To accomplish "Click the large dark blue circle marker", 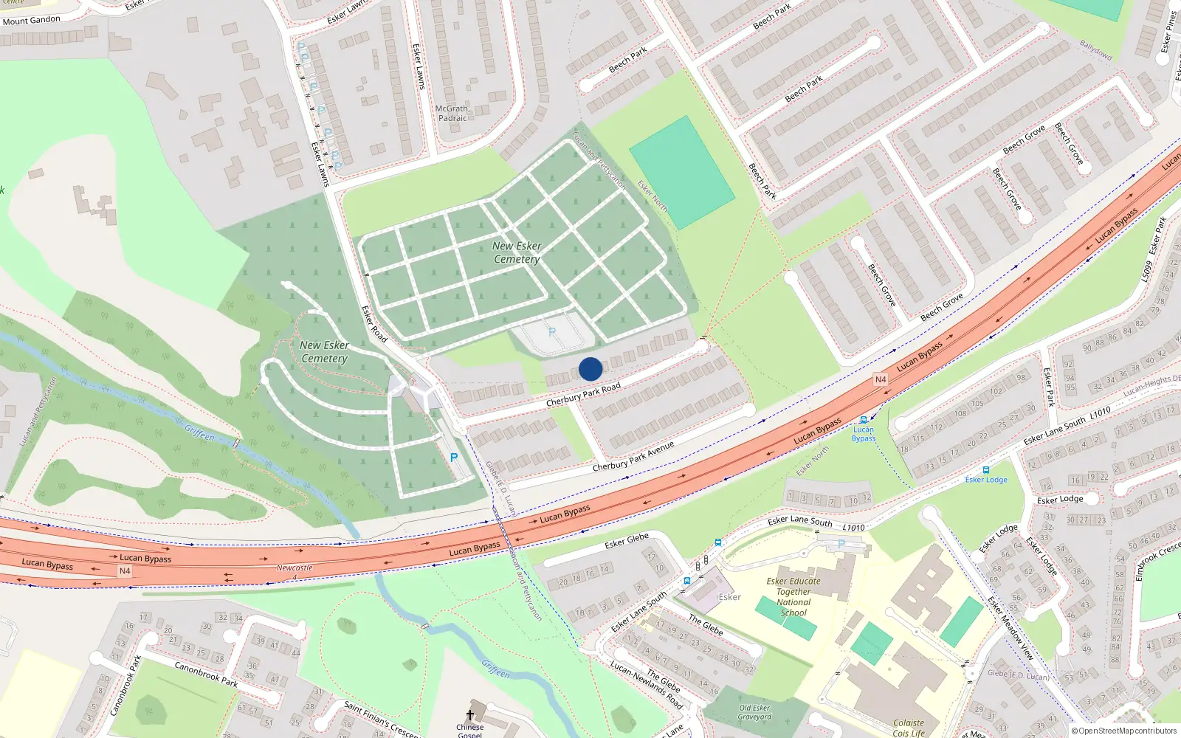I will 590,369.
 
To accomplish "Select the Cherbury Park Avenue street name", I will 633,457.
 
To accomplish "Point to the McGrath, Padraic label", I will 452,113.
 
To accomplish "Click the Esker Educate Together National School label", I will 793,596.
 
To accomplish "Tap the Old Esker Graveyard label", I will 754,712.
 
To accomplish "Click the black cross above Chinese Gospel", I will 469,714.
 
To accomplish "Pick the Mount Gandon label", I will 31,20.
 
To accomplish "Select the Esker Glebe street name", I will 627,541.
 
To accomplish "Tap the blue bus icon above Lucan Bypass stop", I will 864,420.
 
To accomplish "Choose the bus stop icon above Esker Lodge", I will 986,469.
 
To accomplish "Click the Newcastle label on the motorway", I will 295,568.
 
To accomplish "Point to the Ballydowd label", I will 1095,50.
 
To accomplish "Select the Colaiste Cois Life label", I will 909,728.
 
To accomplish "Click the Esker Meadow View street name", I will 1011,628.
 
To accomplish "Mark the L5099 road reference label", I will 1146,269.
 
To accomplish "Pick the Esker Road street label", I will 374,324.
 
